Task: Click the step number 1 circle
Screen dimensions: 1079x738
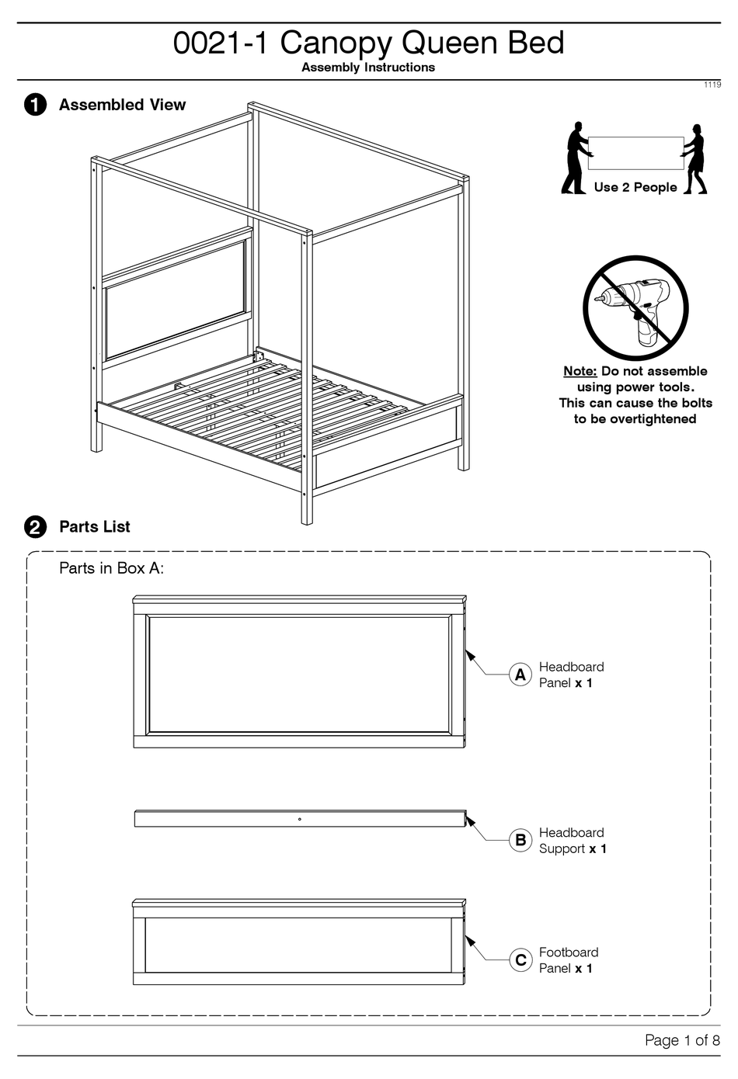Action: pos(35,105)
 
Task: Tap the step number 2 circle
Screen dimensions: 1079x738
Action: pos(35,527)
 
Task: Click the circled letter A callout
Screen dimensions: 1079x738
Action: pos(520,675)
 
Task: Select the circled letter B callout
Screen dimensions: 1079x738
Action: pos(520,840)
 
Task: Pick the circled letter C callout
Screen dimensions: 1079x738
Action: pos(520,960)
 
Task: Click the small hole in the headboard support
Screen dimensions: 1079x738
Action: pos(300,819)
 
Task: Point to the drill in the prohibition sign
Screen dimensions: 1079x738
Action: pos(636,306)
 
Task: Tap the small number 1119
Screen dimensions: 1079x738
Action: pos(712,85)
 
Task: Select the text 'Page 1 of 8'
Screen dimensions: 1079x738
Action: pos(681,1040)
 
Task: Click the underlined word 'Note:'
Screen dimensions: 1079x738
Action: pos(580,371)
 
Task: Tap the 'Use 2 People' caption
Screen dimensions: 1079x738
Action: pos(635,187)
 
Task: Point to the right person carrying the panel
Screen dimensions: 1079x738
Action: pos(696,158)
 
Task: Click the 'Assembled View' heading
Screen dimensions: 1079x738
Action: pos(122,105)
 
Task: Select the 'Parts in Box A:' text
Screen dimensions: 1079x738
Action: pos(111,568)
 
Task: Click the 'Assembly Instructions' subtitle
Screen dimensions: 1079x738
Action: pos(368,68)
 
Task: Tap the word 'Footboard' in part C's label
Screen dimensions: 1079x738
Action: pos(569,952)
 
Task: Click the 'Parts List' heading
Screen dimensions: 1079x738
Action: pos(95,527)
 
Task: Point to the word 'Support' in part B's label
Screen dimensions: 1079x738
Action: pos(562,848)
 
